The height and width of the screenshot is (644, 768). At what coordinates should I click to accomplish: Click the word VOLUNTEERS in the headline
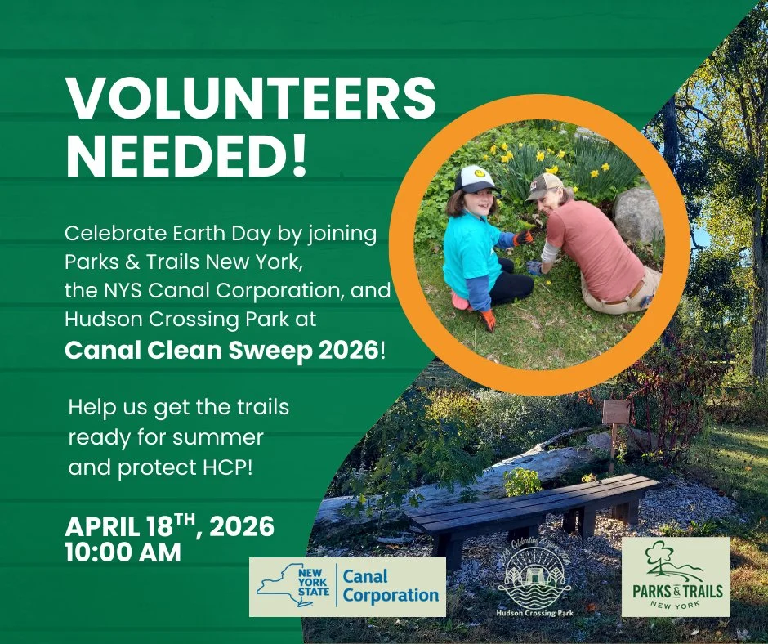[x=250, y=100]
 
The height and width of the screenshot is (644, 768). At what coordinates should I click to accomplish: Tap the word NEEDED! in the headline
[x=186, y=155]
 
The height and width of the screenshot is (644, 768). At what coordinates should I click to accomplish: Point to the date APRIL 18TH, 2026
[x=169, y=527]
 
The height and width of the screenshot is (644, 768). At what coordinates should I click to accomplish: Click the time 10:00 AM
[x=123, y=552]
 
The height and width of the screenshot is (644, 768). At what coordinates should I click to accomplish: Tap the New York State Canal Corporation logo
[x=347, y=587]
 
